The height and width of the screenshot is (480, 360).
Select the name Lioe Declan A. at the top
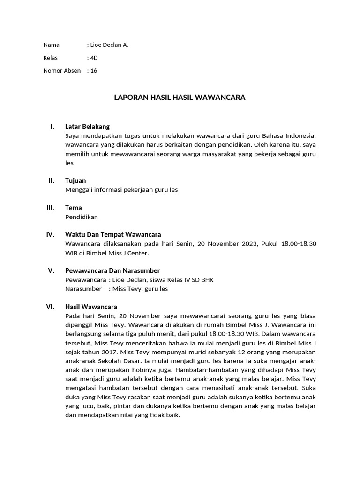pos(109,45)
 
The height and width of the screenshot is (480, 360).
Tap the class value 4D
pos(94,58)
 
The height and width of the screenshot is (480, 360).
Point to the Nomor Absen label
pos(62,71)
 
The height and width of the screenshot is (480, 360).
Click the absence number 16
pos(94,71)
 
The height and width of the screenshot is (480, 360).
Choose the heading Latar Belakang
pos(87,127)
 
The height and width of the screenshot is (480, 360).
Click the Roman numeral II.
pos(51,180)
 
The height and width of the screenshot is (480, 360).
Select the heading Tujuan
pos(75,180)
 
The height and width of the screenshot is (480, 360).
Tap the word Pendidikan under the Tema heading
pos(82,217)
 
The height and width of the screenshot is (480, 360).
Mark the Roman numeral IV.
pos(50,234)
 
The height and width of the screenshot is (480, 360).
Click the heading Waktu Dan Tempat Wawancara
pos(113,234)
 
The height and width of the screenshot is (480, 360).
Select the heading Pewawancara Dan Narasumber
pos(112,270)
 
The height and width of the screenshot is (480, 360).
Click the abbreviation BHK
pos(206,280)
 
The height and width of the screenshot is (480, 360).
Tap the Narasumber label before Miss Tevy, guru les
pos(83,289)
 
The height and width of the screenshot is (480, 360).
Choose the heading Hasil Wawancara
pos(91,307)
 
